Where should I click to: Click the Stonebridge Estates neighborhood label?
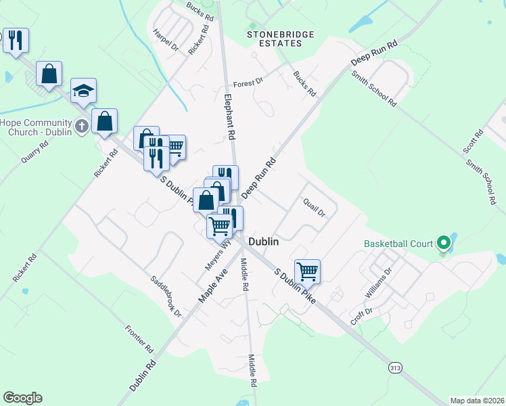274,38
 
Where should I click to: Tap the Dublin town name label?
264,241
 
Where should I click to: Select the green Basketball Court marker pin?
444,242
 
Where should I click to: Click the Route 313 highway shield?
396,367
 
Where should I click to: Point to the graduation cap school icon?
83,91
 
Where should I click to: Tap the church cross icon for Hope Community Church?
81,125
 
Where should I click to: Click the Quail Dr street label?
315,208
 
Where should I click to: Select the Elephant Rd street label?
229,116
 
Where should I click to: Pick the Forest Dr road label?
248,83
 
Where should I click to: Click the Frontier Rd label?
139,338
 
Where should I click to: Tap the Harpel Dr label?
165,40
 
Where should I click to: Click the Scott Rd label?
472,143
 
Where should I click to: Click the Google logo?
22,398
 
